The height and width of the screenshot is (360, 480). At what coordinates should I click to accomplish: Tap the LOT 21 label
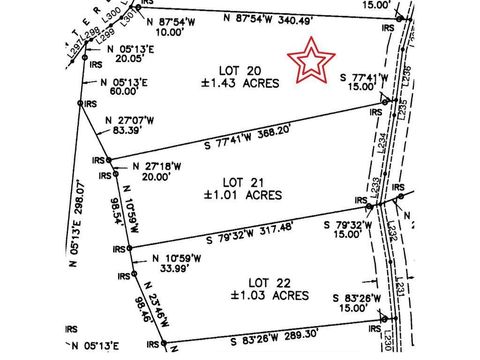point(244,182)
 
